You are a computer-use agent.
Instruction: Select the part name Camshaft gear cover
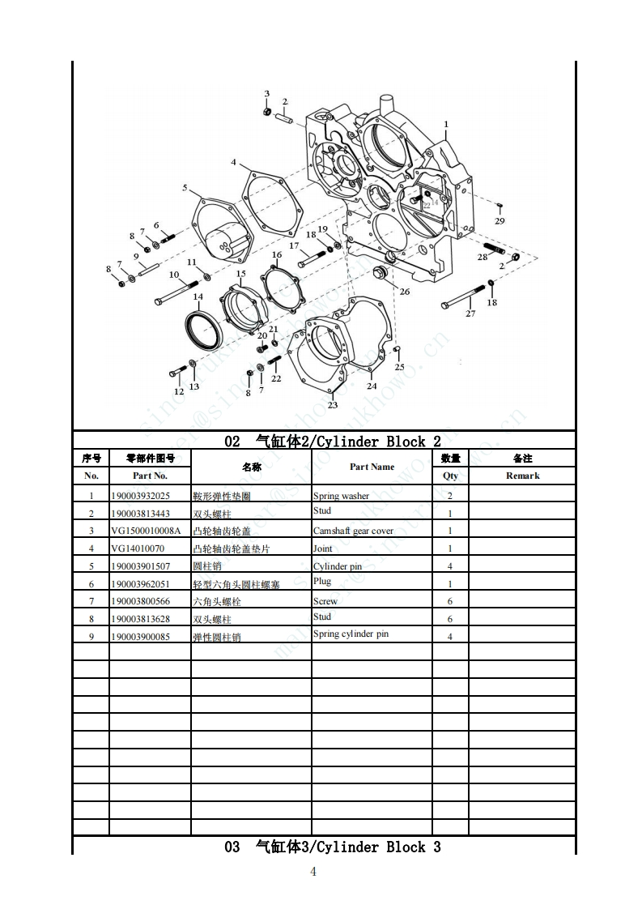(x=353, y=531)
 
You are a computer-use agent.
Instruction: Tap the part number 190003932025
(x=140, y=496)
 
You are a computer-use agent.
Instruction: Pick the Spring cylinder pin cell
(x=351, y=634)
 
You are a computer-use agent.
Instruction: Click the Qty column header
(x=450, y=476)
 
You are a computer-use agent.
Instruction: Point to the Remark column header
(x=522, y=476)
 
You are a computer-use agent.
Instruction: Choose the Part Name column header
(x=372, y=467)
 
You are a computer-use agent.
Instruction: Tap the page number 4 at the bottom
(x=314, y=872)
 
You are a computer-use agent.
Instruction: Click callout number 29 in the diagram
(x=500, y=221)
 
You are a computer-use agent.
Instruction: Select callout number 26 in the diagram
(x=404, y=292)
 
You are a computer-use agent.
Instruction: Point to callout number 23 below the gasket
(x=333, y=404)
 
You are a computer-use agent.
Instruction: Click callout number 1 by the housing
(x=445, y=124)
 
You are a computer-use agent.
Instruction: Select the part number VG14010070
(x=137, y=548)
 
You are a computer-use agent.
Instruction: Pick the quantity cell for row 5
(x=450, y=565)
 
